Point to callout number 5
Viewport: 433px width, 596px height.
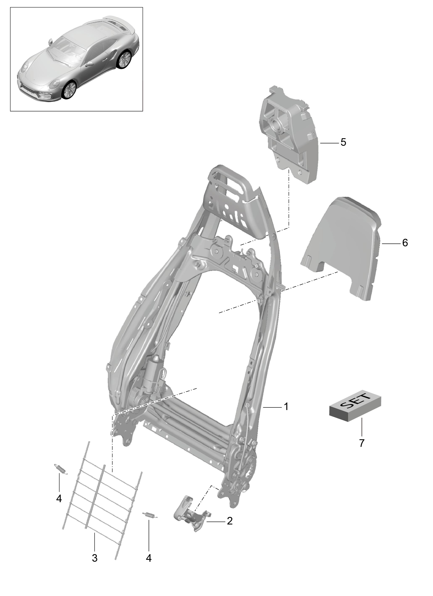[x=343, y=142]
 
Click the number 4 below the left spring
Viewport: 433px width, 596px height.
[x=59, y=498]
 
